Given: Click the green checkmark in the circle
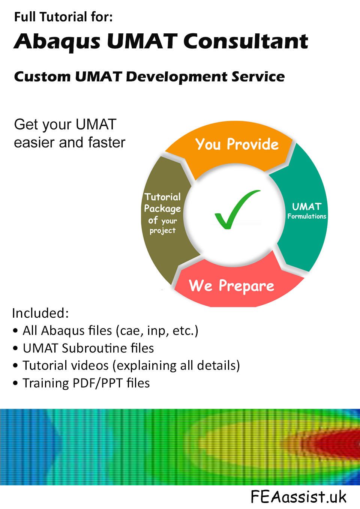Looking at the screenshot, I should [x=235, y=210].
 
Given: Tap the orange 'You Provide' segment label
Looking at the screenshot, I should [x=237, y=144].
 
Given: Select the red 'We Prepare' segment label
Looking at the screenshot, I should [x=231, y=286].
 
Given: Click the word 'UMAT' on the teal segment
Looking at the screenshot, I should [x=306, y=207].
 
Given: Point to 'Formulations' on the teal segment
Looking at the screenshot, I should [x=307, y=216].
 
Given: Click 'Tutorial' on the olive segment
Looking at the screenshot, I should [x=162, y=197].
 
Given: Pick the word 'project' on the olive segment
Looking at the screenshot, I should [x=162, y=231].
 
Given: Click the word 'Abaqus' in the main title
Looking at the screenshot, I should [x=57, y=41].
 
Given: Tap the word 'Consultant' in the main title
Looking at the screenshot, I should [x=246, y=41].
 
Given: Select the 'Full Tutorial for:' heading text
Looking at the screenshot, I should [x=63, y=17].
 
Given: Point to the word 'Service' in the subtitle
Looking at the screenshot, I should [x=258, y=77].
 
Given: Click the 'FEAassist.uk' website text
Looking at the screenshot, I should [x=298, y=497].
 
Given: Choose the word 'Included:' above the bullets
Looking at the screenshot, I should [x=40, y=313].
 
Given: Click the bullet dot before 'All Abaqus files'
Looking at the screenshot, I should [x=15, y=331].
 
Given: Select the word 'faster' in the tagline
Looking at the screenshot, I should [x=106, y=143].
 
